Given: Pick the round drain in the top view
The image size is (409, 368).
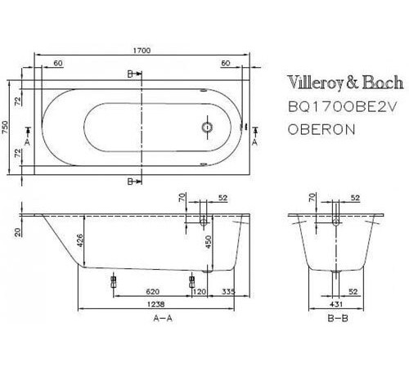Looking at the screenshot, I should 207,128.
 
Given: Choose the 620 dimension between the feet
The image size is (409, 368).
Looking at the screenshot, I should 152,289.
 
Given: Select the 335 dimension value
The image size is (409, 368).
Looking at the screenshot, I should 228,289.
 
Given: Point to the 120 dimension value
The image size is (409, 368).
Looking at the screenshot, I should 199,289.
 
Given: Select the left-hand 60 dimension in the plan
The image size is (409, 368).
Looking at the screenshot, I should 57,62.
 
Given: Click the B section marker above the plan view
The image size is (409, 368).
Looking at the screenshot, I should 130,74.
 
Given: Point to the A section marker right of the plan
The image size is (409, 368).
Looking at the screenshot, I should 254,141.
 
